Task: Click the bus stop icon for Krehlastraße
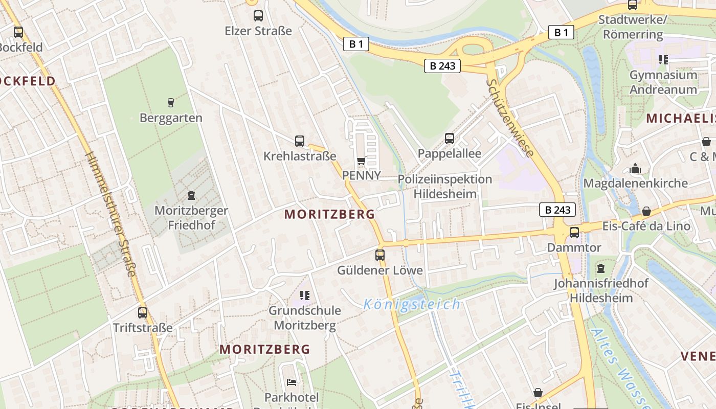300,141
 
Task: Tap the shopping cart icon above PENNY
361,161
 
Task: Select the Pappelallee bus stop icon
450,138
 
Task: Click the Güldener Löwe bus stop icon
379,255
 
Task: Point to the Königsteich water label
412,305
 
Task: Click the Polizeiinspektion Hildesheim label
445,187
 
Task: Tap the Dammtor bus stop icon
574,233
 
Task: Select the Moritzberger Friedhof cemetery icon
191,195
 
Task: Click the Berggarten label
171,118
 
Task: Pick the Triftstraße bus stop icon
143,312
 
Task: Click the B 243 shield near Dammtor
557,210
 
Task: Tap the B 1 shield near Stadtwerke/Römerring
561,33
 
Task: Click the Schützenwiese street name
510,118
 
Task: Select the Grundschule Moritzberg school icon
305,295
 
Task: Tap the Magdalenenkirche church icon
635,168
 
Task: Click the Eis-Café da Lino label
646,226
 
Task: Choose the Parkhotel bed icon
292,382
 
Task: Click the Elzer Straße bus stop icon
258,16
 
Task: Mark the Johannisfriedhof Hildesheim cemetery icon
601,268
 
